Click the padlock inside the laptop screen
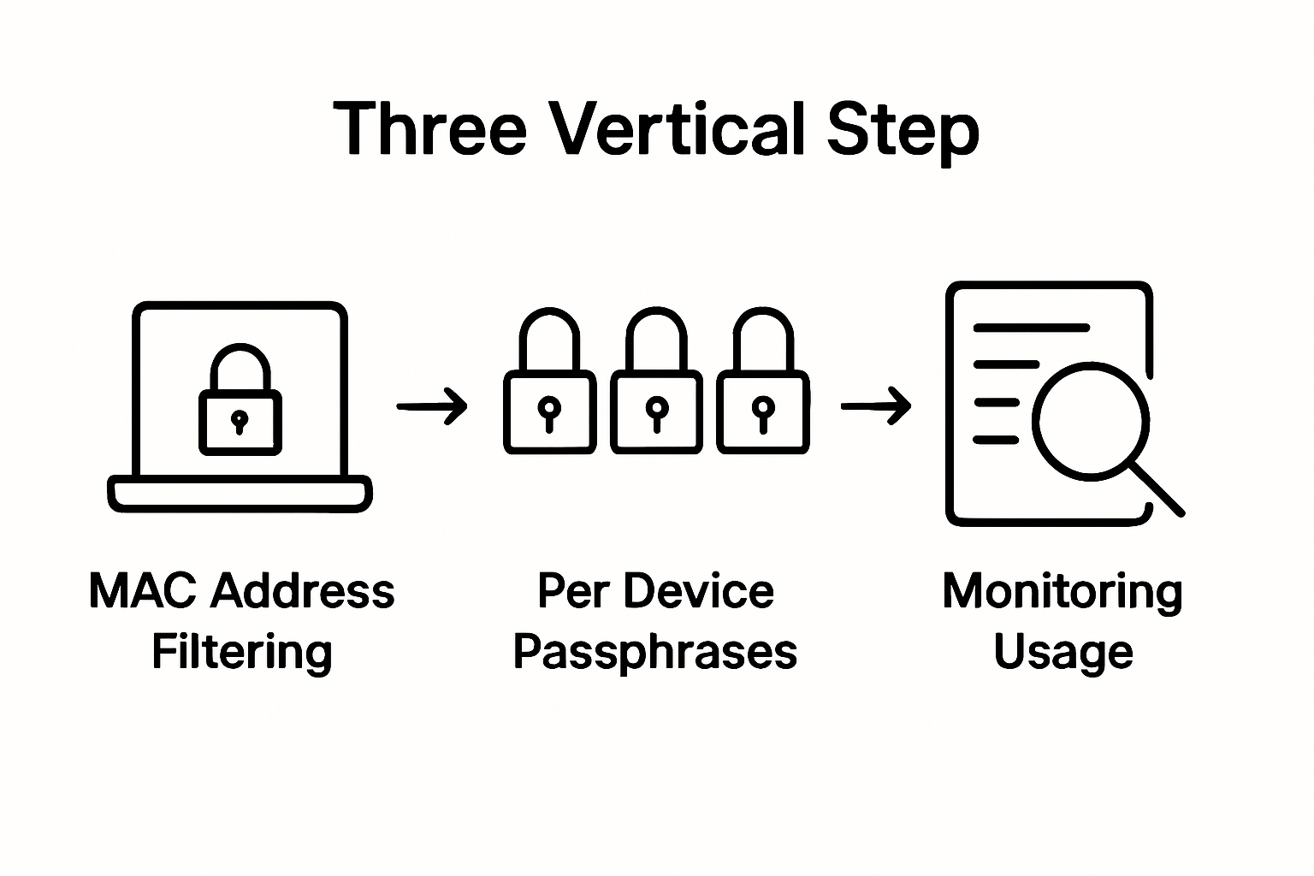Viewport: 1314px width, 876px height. pyautogui.click(x=240, y=402)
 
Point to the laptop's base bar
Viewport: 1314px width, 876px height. pyautogui.click(x=240, y=494)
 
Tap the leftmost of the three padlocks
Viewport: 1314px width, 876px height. pyautogui.click(x=549, y=385)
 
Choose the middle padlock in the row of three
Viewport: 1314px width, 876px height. pyautogui.click(x=656, y=385)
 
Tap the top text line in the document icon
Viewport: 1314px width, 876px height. pyautogui.click(x=1031, y=328)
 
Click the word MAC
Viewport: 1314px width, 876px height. pyautogui.click(x=142, y=590)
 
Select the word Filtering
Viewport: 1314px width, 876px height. pyautogui.click(x=241, y=652)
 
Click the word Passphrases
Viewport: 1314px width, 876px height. pyautogui.click(x=654, y=652)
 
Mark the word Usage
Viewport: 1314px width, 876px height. pyautogui.click(x=1062, y=654)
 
